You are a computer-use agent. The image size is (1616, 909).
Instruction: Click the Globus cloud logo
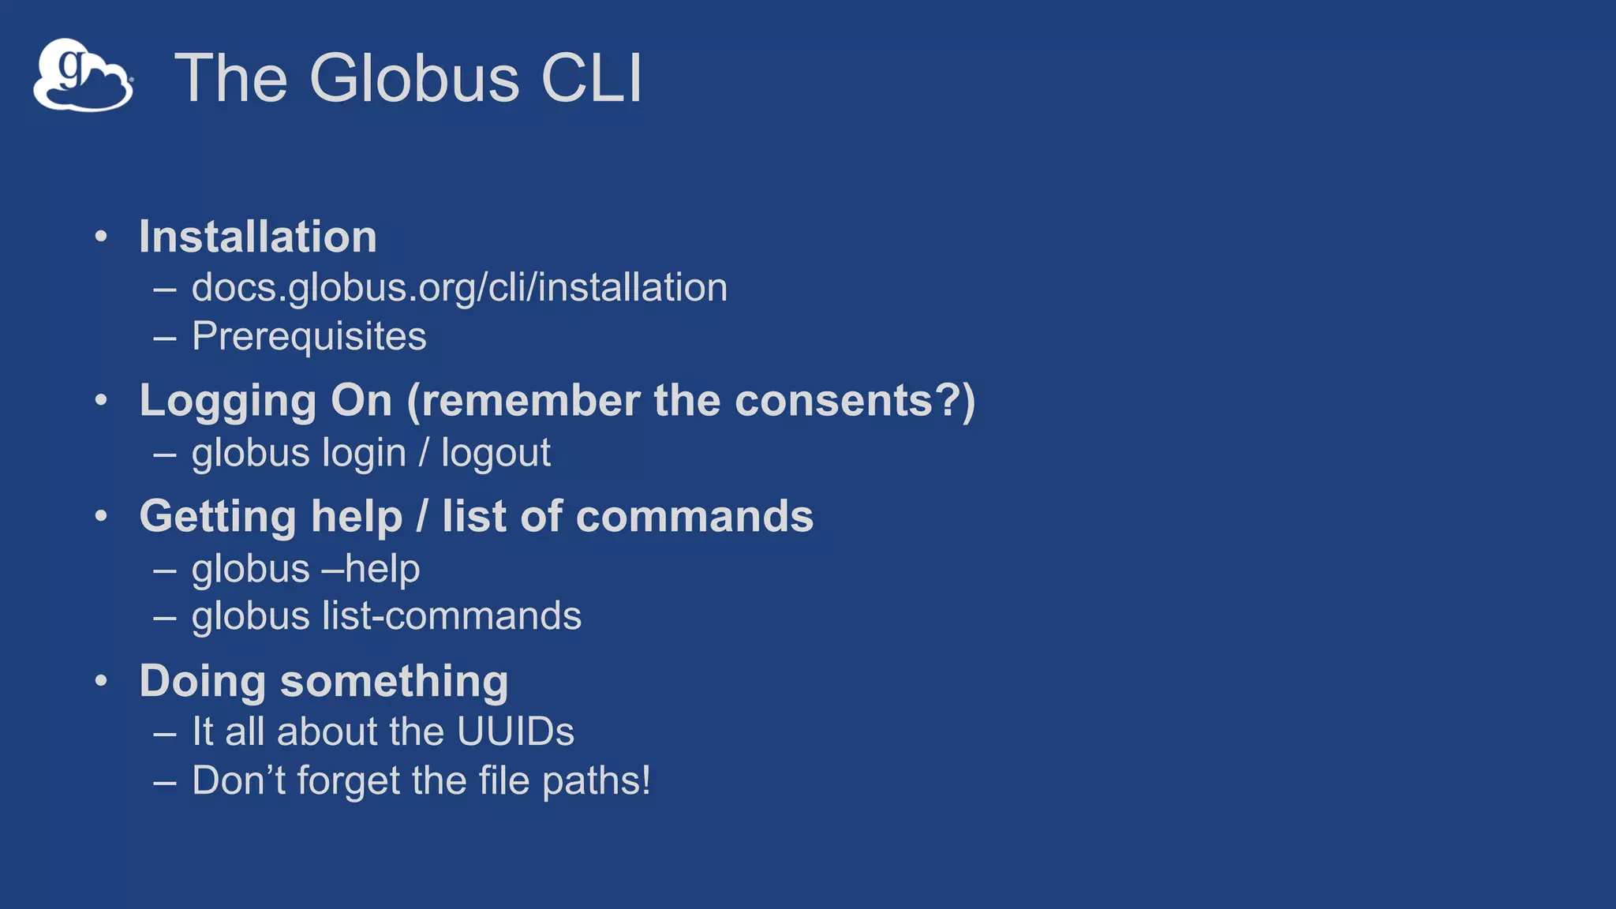(83, 76)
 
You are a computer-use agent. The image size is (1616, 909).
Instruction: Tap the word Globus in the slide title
(414, 78)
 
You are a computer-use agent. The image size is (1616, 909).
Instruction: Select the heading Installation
(258, 237)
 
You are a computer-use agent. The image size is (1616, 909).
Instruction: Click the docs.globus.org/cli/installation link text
(459, 287)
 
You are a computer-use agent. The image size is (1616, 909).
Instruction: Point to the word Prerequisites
(309, 336)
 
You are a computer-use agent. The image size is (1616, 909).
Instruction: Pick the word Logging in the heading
(226, 402)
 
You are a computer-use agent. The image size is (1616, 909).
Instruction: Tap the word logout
(496, 454)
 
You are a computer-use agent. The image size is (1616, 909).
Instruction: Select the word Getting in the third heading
(217, 518)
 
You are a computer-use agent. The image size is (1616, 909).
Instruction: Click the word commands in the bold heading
(694, 517)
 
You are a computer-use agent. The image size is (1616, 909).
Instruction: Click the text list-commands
(452, 616)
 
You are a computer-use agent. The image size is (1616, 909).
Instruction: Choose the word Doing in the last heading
(203, 682)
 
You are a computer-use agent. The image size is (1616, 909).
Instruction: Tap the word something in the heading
(394, 682)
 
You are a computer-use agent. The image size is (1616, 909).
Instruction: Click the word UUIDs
(515, 731)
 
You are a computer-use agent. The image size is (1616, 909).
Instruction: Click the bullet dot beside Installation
(101, 237)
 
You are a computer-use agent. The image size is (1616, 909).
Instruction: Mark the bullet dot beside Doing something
(101, 681)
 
